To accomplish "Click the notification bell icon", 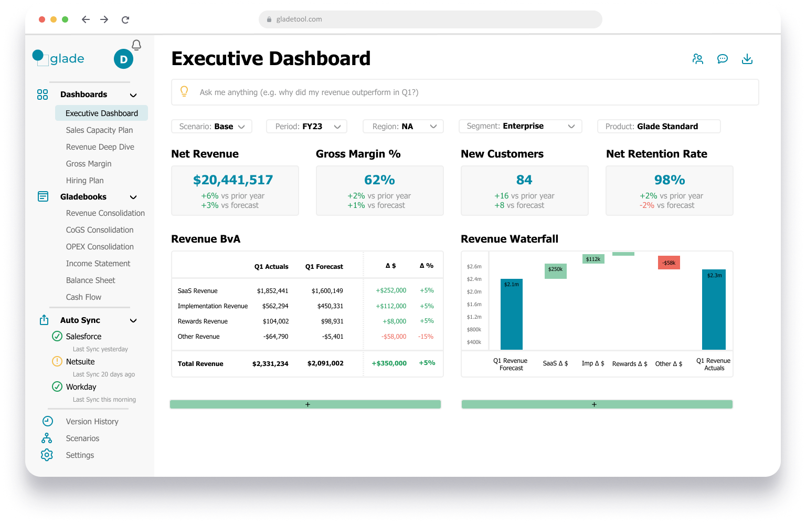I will (x=136, y=45).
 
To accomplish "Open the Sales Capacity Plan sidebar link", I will (x=99, y=130).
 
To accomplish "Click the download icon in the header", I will (x=747, y=59).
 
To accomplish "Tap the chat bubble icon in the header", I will (x=723, y=59).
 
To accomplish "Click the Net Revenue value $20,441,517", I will (x=233, y=180).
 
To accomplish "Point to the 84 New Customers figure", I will (x=524, y=180).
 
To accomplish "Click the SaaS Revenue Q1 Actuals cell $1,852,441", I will (x=272, y=291).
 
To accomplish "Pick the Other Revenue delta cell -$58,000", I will (x=394, y=337).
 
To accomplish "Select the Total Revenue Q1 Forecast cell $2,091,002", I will (x=325, y=363).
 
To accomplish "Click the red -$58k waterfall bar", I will (x=669, y=263).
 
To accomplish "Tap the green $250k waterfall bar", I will (x=555, y=270).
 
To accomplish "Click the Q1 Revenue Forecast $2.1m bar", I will (x=511, y=314).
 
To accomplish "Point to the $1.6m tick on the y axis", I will (x=474, y=305).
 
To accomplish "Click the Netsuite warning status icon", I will (x=57, y=361).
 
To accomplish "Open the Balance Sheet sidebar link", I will (x=90, y=280).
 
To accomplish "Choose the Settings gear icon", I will (x=47, y=455).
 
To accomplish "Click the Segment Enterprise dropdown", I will (x=520, y=127).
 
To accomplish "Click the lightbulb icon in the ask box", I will (x=184, y=91).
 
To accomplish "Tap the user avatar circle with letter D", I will (x=123, y=59).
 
